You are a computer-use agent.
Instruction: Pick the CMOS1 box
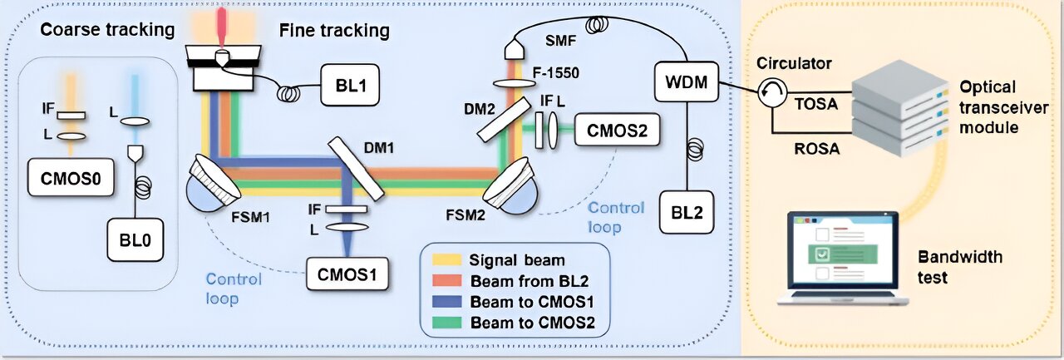[x=347, y=273]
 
